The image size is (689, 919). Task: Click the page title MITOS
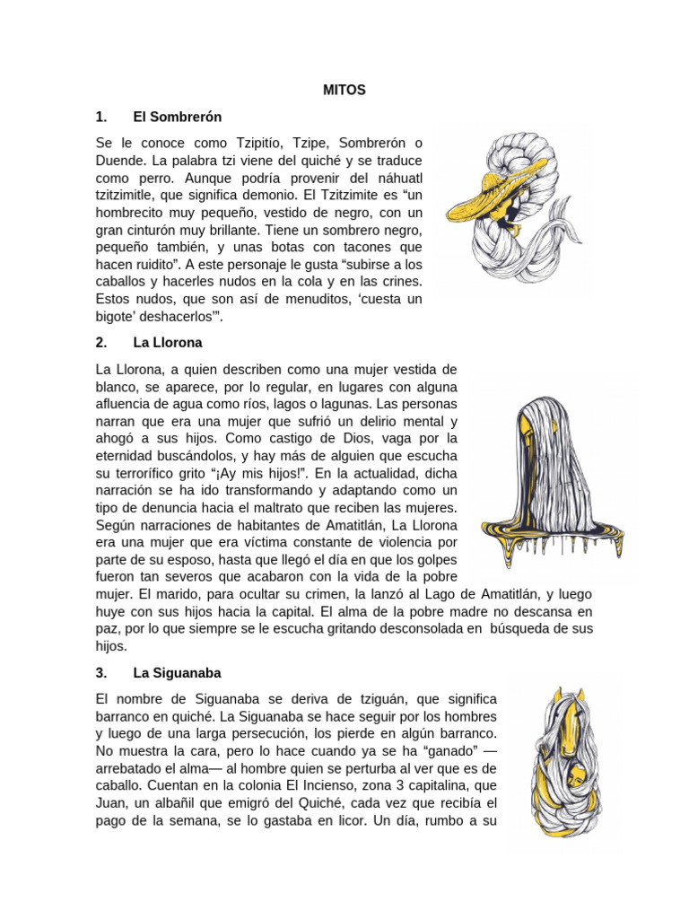[x=344, y=90]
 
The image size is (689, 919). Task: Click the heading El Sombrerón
[x=177, y=117]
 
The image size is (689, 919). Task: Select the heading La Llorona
[x=168, y=343]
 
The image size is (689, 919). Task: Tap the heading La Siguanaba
[x=177, y=672]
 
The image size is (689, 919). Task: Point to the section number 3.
[x=100, y=672]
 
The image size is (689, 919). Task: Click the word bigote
[x=117, y=317]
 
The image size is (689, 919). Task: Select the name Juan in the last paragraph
[x=111, y=802]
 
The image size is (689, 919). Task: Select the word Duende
[x=120, y=162]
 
